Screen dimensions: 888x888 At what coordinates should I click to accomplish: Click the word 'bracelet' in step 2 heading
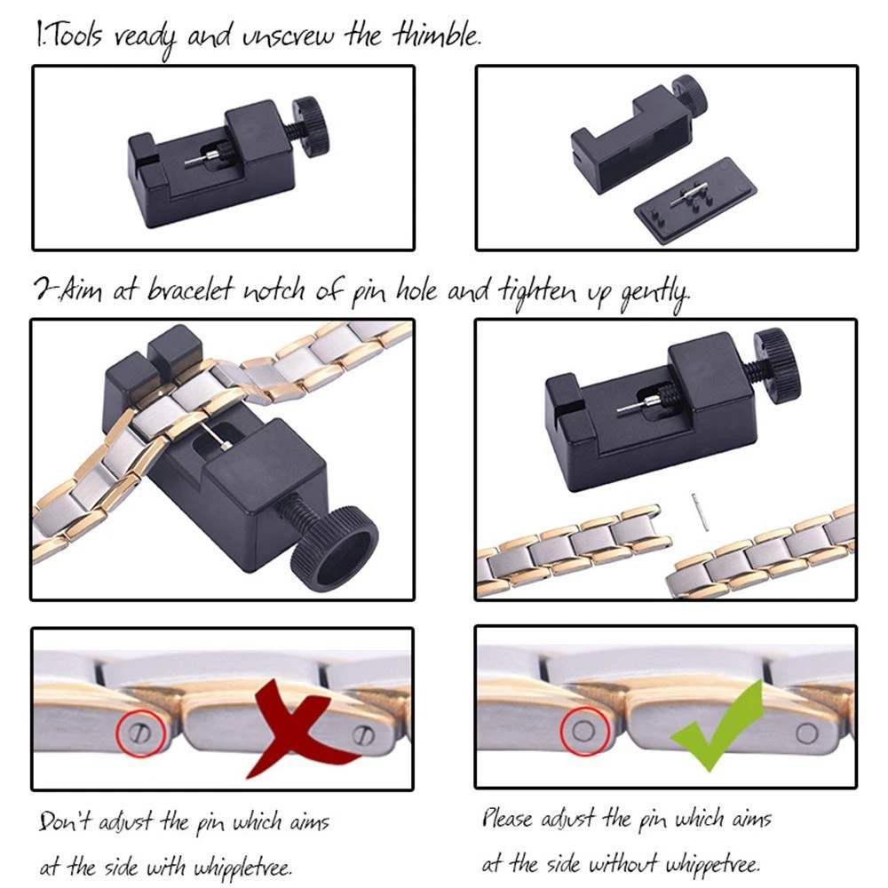[x=190, y=290]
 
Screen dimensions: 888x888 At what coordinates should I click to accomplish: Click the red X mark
[x=298, y=728]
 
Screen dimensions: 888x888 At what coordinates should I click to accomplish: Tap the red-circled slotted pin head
[x=140, y=733]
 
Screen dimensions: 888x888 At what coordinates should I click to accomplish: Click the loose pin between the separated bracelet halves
[x=700, y=512]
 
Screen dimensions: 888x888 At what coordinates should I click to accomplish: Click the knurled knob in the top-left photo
[x=312, y=127]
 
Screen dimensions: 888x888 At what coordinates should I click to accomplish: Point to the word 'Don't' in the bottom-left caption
[x=63, y=821]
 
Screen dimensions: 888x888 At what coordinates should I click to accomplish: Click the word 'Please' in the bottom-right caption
[x=507, y=818]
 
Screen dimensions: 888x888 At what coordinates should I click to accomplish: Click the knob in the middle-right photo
[x=779, y=365]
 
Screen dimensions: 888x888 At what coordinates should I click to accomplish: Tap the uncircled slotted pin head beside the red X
[x=363, y=734]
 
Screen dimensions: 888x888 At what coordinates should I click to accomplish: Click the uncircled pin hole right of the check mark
[x=806, y=733]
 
